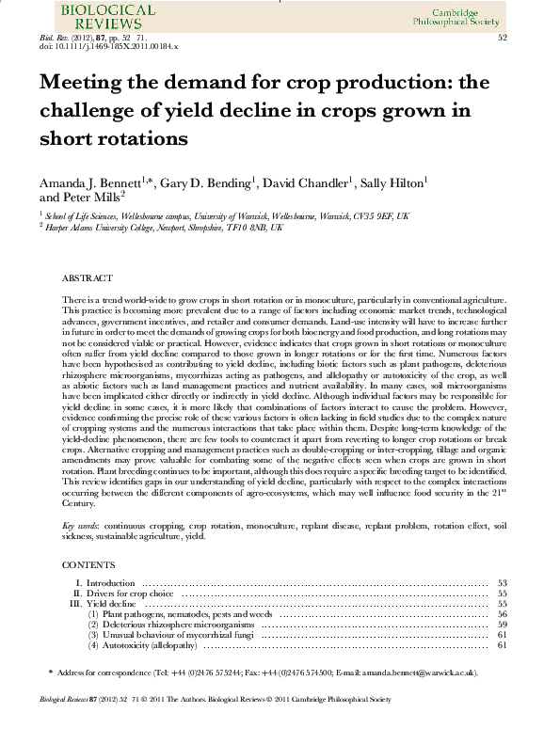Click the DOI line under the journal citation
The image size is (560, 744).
[x=109, y=45]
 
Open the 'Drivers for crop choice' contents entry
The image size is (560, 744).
[x=133, y=594]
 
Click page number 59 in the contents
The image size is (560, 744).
[x=503, y=625]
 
